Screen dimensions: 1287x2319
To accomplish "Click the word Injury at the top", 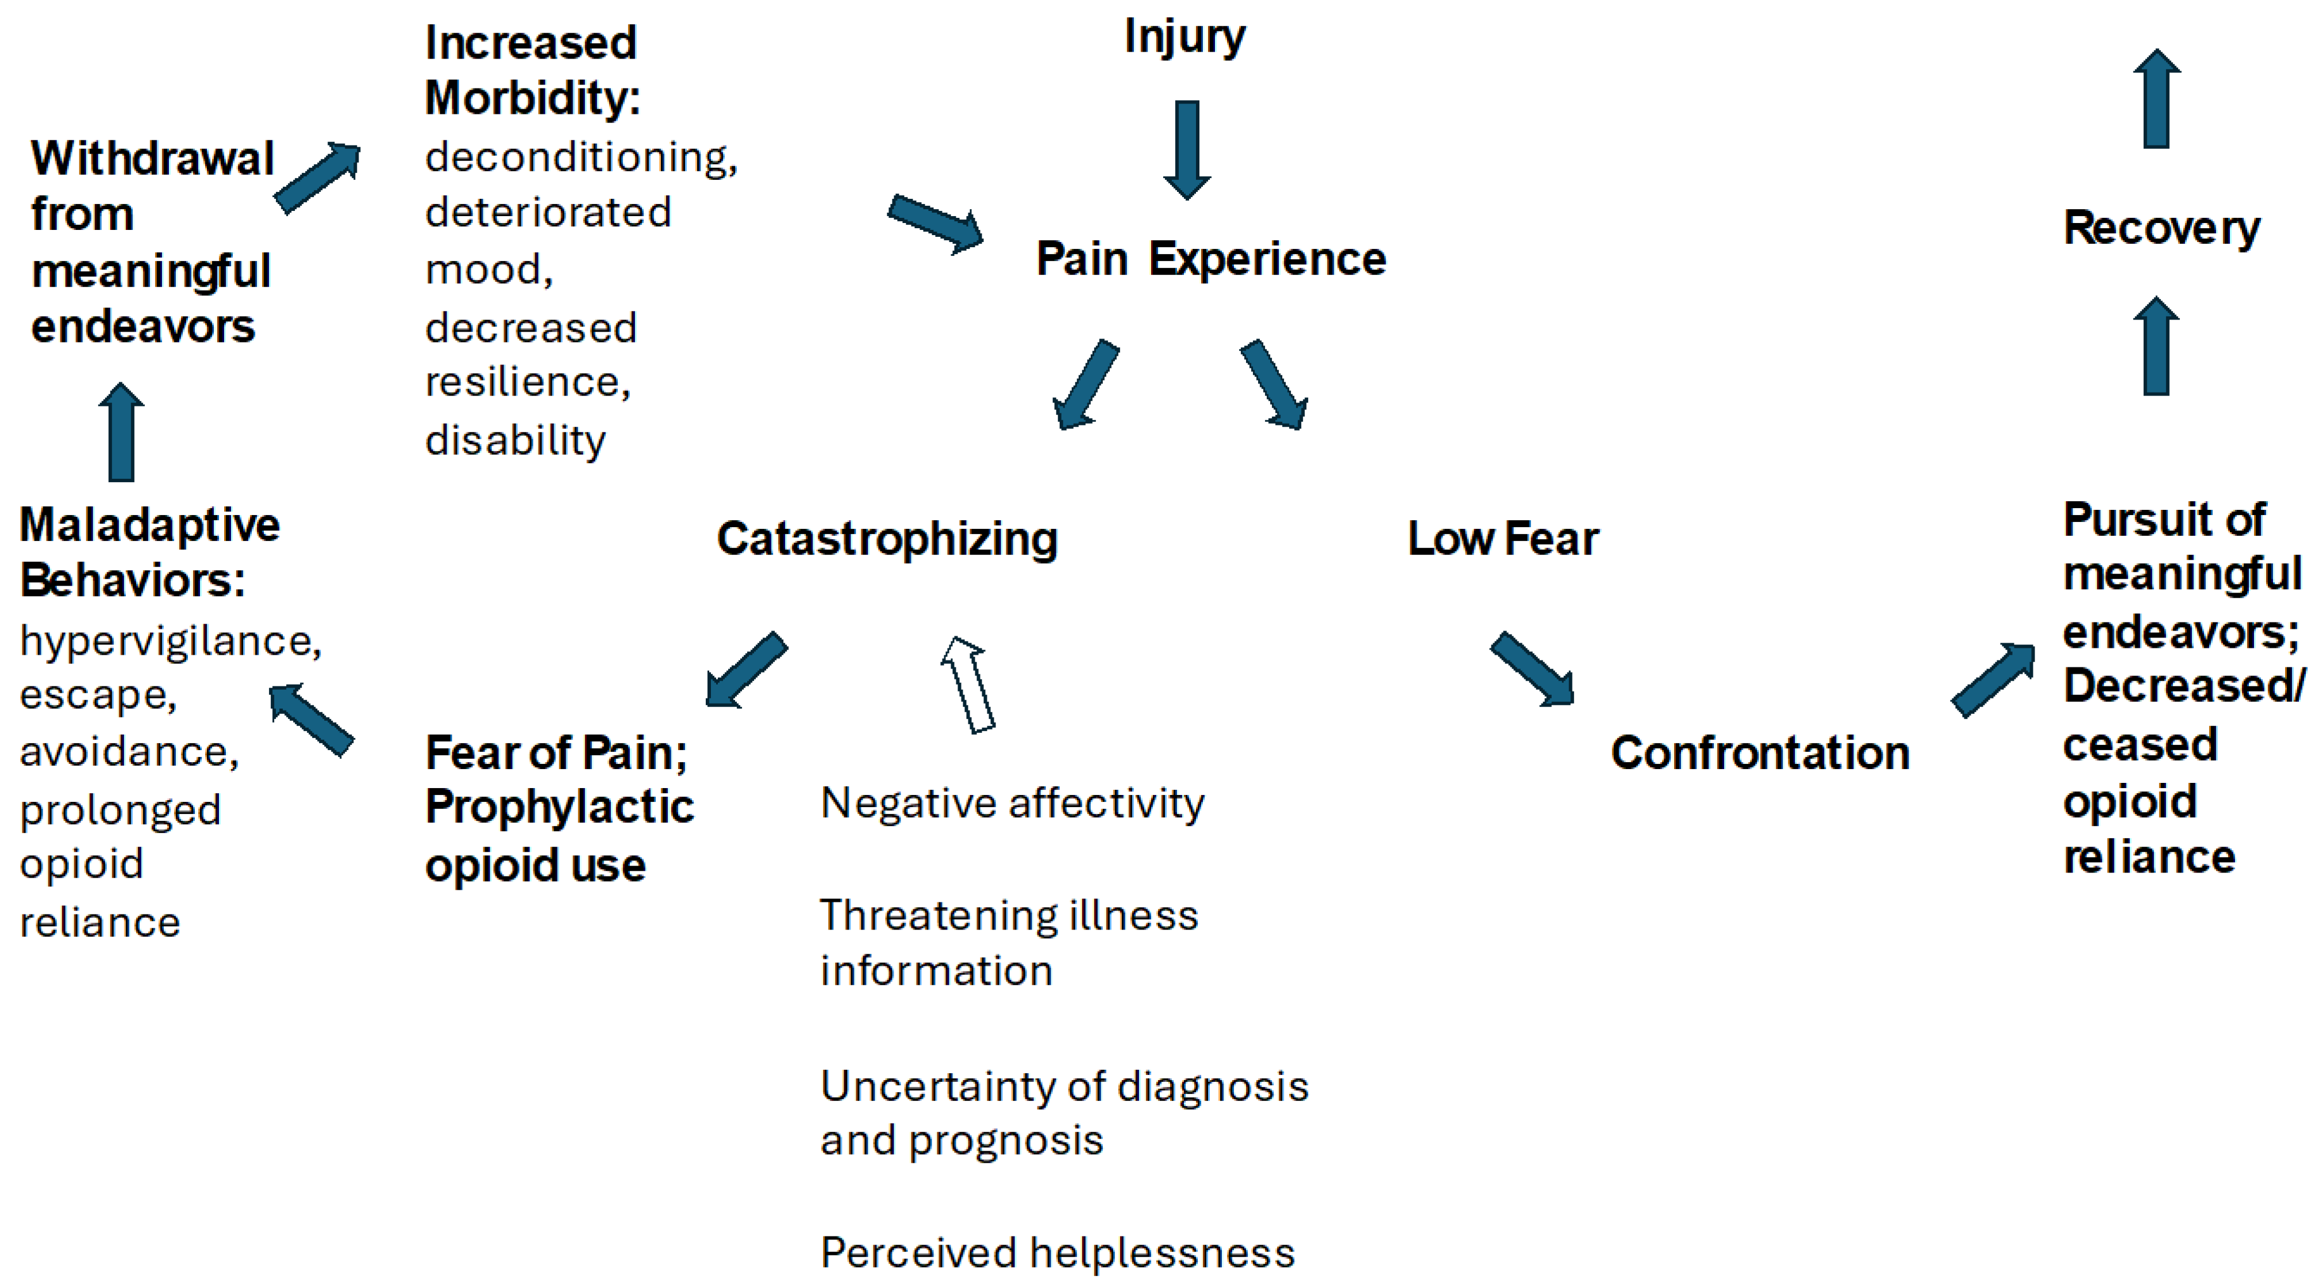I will point(1184,38).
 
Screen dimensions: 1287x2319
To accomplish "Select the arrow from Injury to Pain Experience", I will point(1186,149).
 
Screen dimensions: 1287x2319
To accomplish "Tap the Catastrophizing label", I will point(887,540).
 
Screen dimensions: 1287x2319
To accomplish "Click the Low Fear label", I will point(1502,540).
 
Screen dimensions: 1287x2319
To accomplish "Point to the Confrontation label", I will point(1760,753).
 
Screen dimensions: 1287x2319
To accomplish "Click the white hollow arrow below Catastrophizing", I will point(968,685).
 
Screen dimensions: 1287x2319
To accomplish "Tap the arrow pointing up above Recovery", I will point(2156,98).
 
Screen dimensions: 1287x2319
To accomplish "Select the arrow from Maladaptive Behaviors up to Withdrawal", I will point(121,432).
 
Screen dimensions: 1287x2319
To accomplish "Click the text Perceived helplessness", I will point(1057,1253).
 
